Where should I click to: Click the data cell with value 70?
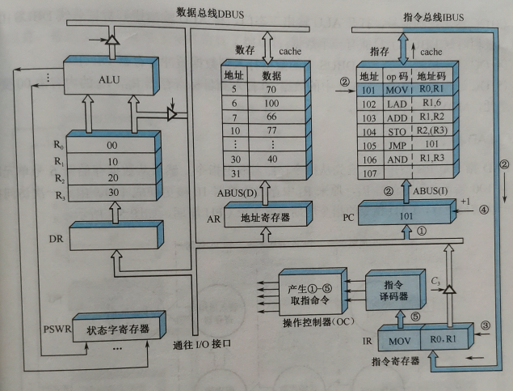point(271,91)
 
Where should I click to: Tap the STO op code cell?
point(397,131)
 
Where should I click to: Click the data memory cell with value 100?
point(271,104)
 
